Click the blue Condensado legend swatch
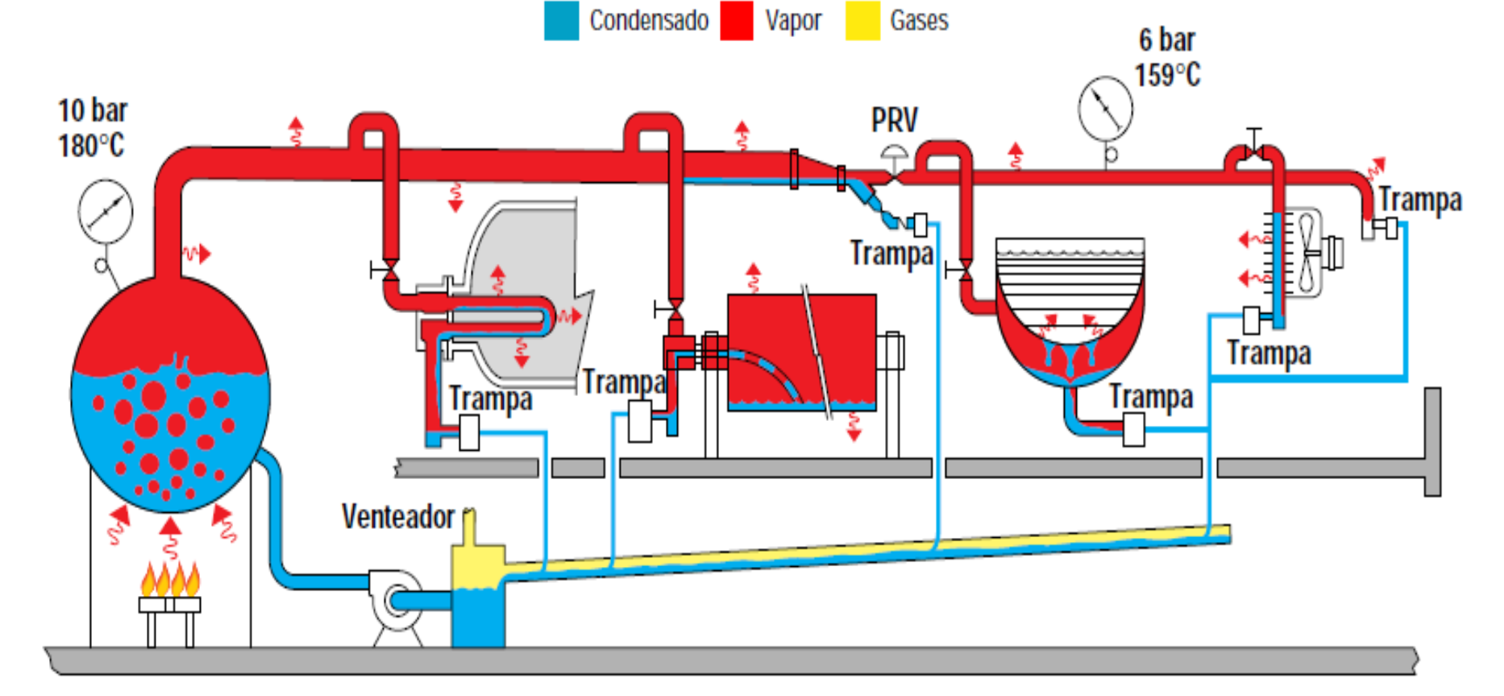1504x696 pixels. pos(561,21)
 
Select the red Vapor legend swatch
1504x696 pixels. pos(737,21)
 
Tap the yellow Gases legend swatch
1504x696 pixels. pos(862,21)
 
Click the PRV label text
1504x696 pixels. pos(894,120)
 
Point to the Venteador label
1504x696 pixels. pos(398,517)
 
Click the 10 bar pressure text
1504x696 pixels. pos(93,110)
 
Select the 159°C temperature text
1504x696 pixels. pos(1167,75)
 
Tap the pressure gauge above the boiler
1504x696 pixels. pos(106,212)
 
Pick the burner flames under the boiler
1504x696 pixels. pos(170,579)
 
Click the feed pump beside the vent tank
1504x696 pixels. pos(396,600)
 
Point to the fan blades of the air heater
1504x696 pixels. pos(1306,252)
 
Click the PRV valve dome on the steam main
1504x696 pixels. pos(894,152)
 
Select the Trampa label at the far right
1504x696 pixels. pos(1419,199)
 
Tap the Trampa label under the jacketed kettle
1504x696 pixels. pos(1151,397)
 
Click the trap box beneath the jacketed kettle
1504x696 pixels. pos(1133,430)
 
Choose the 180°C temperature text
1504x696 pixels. pos(91,146)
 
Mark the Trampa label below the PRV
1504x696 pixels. pos(891,253)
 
